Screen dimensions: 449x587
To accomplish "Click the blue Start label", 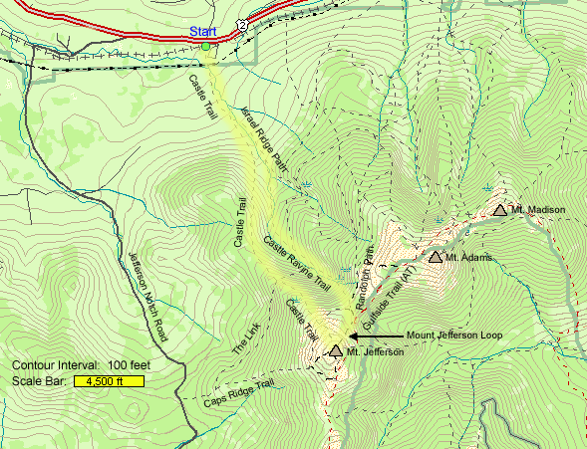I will (x=202, y=32).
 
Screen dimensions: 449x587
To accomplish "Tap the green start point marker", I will (x=206, y=46).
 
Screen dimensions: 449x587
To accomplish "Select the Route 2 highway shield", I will (x=242, y=22).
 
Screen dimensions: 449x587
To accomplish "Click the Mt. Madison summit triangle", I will (x=499, y=210).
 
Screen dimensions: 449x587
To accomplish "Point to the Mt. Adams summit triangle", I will (x=435, y=257).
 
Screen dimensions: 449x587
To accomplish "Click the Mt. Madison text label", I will (x=538, y=210).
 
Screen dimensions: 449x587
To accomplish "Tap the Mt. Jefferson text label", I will (x=376, y=352).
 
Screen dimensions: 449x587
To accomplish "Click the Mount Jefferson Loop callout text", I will (x=454, y=336).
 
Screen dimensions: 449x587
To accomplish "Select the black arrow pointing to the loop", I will (x=374, y=337).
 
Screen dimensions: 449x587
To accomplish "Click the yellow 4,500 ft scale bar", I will (x=111, y=380).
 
